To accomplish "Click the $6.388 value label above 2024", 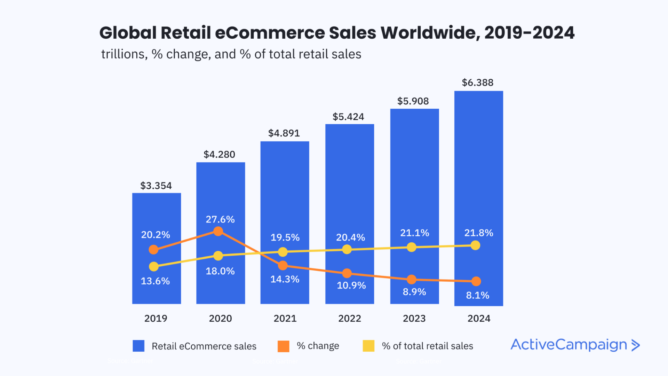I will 477,83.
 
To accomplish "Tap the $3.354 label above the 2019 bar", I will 156,186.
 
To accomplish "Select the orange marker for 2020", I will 218,231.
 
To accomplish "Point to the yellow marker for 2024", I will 475,245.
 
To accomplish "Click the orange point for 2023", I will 412,279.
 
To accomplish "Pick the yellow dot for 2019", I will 153,267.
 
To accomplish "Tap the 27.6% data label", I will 220,219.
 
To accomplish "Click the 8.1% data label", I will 477,295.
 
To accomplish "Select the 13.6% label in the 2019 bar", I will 155,281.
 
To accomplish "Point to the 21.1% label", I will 414,233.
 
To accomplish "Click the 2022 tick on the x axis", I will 350,318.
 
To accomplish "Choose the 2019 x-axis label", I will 156,318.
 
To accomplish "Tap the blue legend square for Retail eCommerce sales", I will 138,346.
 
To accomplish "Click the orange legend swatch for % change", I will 284,346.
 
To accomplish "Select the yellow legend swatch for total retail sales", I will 368,346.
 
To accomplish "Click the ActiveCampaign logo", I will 575,345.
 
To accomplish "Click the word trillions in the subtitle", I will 122,54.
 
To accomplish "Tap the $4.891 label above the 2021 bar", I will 284,133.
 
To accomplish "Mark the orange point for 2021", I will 283,266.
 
